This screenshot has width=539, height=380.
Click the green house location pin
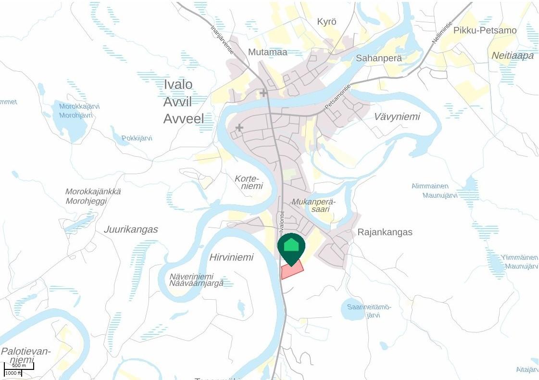coord(291,246)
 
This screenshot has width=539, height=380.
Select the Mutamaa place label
coord(267,52)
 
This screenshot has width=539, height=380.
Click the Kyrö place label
coord(326,22)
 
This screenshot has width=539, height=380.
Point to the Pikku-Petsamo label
coord(485,30)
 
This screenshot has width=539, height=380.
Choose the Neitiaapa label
coord(513,56)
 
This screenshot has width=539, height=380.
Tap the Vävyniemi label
coord(397,116)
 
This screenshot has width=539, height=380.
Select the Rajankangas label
coord(385,232)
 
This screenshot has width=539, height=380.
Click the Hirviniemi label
coord(231,257)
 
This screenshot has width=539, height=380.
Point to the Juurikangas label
coord(131,229)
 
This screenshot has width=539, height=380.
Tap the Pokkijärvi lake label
coord(137,138)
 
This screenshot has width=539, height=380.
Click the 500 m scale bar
coord(19,366)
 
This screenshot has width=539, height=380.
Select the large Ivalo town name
coord(178,85)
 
